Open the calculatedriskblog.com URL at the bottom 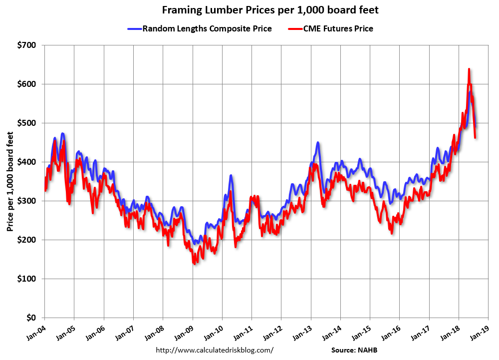[x=215, y=350]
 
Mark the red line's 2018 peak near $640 [x=469, y=69]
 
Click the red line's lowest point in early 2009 [x=194, y=263]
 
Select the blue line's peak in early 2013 [x=317, y=142]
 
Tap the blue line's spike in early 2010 [x=231, y=175]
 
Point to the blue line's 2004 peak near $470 [x=62, y=133]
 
